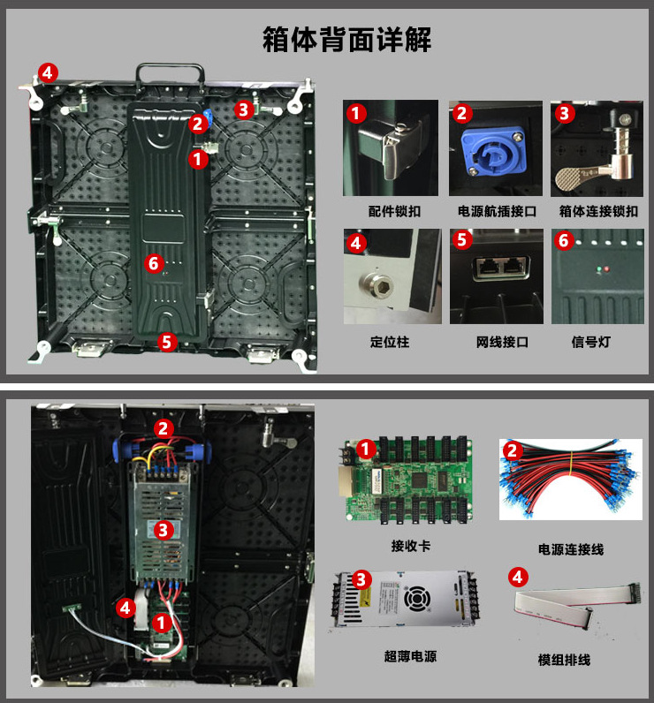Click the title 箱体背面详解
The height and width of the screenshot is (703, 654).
(x=346, y=40)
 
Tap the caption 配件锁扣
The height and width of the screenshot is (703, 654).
(x=394, y=211)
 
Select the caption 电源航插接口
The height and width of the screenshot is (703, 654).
(x=497, y=211)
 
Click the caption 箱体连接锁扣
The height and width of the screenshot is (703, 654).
(x=598, y=211)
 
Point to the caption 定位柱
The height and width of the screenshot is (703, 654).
(x=390, y=342)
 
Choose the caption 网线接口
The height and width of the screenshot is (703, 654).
(x=502, y=342)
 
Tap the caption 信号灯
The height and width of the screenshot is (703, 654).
(x=590, y=342)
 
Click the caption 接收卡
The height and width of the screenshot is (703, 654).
(x=411, y=546)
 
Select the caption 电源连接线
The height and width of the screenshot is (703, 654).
(x=571, y=549)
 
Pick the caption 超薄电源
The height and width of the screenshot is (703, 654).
(x=410, y=656)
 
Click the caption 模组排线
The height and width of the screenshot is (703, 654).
(x=564, y=660)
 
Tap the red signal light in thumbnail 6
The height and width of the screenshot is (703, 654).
(x=607, y=269)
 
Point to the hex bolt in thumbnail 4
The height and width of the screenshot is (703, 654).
(x=376, y=283)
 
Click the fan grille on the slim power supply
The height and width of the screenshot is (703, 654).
(x=417, y=598)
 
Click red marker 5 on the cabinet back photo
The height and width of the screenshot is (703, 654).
(x=167, y=342)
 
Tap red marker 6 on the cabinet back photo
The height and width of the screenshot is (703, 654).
(x=154, y=263)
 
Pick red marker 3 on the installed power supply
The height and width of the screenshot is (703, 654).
(x=163, y=530)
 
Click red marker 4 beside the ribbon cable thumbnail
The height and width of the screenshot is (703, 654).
(x=518, y=577)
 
